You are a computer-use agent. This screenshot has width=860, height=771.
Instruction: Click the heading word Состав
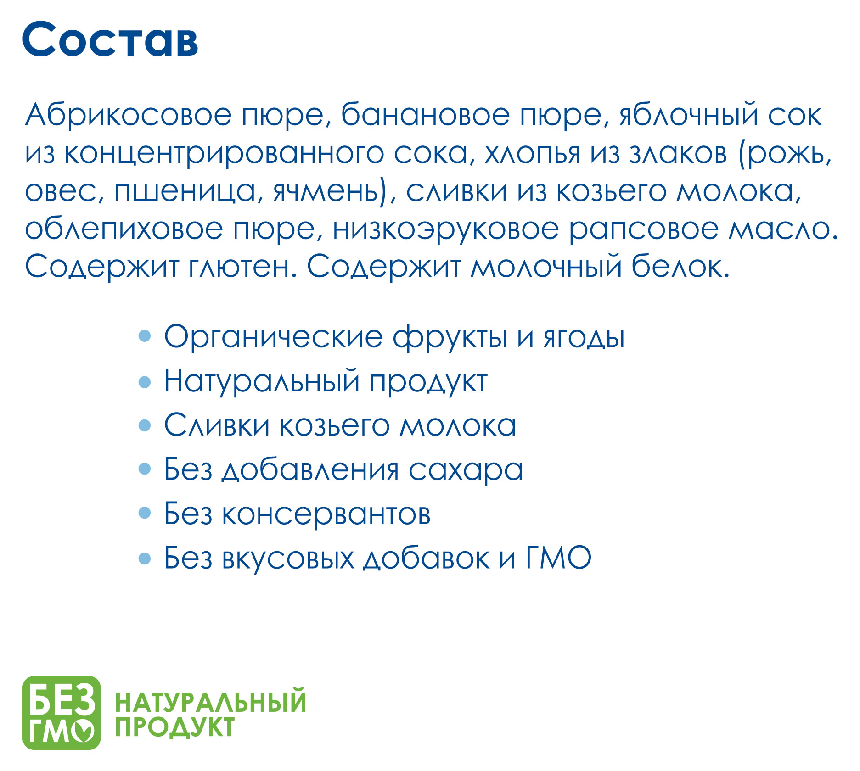pos(110,39)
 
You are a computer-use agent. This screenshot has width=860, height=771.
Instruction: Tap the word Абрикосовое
pos(129,115)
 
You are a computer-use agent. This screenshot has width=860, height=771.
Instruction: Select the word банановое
pos(425,115)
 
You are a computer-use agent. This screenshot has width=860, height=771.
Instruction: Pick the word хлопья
pos(533,154)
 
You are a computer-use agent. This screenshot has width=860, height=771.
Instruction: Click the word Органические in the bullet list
pos(274,338)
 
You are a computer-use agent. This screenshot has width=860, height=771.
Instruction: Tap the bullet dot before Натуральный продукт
pos(145,382)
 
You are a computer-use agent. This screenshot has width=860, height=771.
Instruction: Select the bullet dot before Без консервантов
pos(145,513)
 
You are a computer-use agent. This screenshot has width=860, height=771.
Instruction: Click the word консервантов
pos(326,514)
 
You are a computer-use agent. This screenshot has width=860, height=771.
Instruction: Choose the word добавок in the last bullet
pos(427,559)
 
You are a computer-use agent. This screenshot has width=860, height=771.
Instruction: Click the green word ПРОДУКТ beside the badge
pos(175,727)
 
